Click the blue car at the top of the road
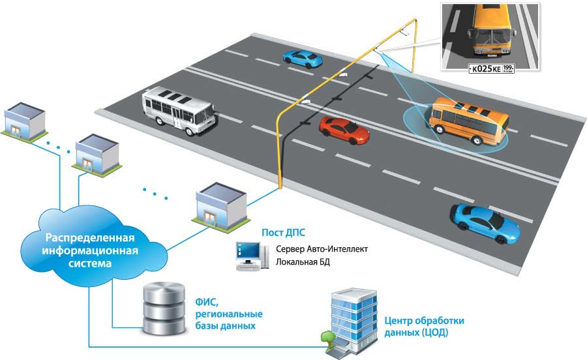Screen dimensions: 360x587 point(302,59)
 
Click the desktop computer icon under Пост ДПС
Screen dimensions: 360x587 point(250,257)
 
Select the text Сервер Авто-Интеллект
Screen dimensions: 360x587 point(322,250)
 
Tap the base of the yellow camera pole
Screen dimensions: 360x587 point(280,188)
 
